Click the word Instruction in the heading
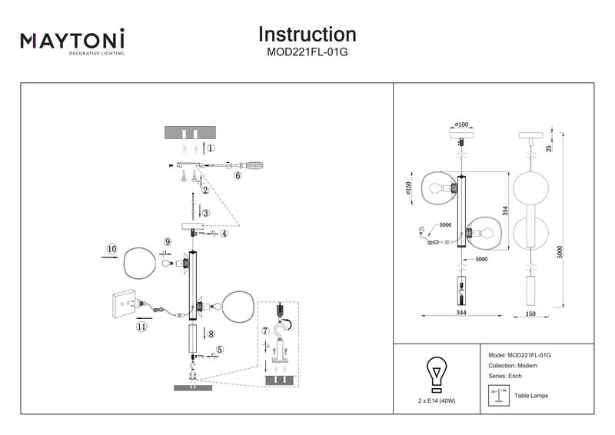click(307, 35)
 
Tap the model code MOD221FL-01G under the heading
click(307, 54)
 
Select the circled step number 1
click(211, 148)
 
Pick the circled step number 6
click(238, 175)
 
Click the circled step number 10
click(112, 249)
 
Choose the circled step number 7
click(266, 331)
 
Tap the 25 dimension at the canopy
click(548, 148)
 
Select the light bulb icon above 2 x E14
click(437, 374)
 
